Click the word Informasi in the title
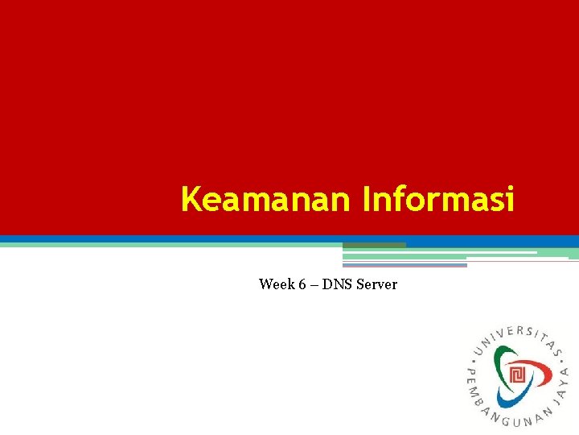[438, 199]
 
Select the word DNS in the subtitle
[337, 284]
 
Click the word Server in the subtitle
[376, 284]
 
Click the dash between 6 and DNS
[313, 284]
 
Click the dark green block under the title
[374, 245]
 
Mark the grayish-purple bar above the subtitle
[404, 265]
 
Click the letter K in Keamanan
[191, 199]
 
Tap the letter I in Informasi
[368, 199]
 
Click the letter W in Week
[265, 284]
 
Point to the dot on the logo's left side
[472, 355]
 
